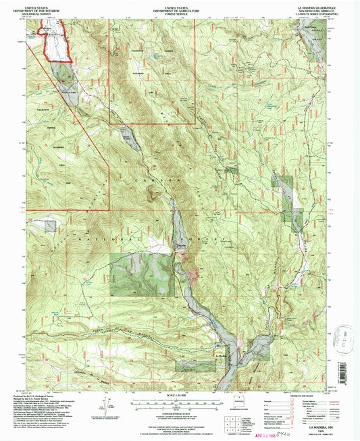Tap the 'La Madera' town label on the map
click(220, 355)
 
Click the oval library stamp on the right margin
click(349, 336)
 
